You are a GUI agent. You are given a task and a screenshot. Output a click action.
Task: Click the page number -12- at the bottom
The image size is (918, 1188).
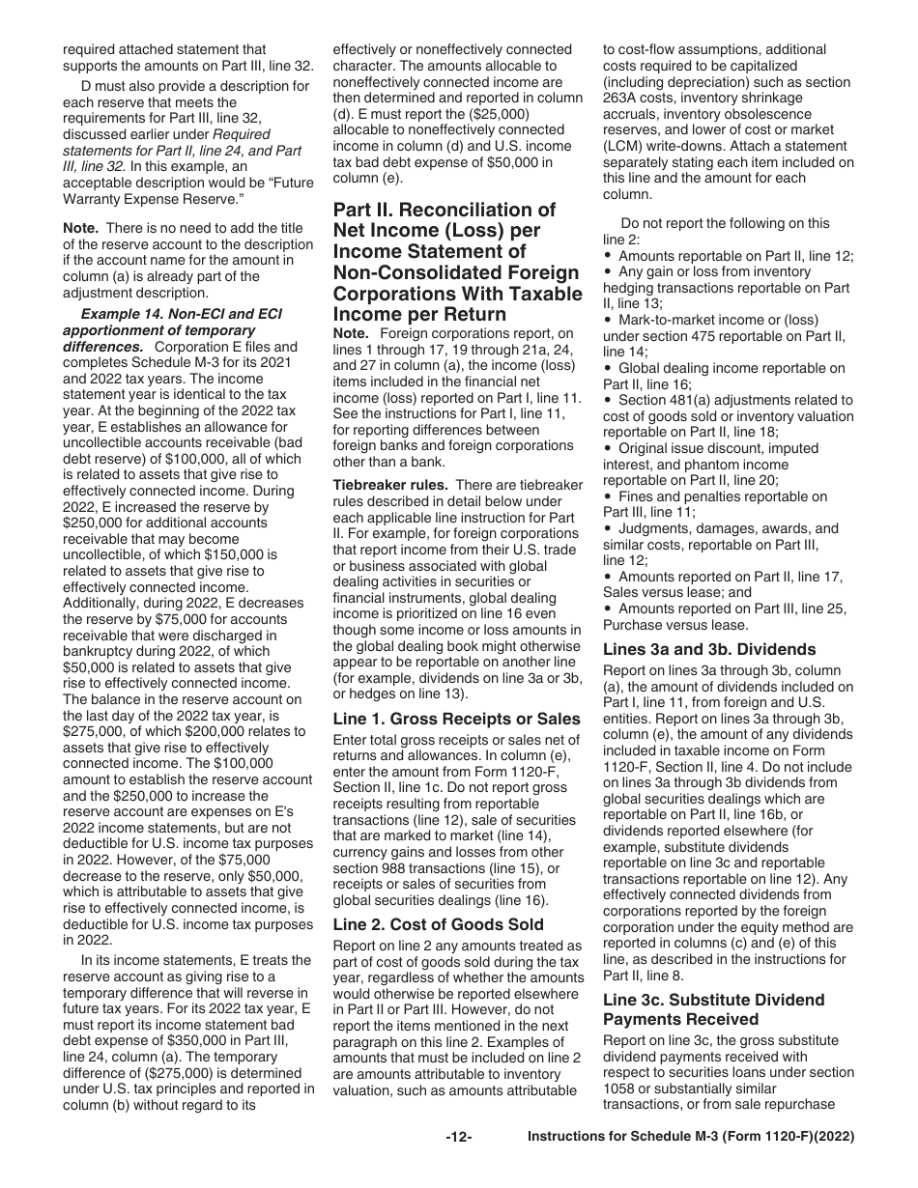click(x=458, y=1138)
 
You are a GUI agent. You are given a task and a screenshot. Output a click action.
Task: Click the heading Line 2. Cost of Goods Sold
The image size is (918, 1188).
click(x=438, y=924)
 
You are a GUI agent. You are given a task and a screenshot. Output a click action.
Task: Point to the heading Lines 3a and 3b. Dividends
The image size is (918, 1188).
click(x=709, y=649)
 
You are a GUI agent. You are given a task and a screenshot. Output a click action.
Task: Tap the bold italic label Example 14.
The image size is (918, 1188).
click(x=126, y=314)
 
